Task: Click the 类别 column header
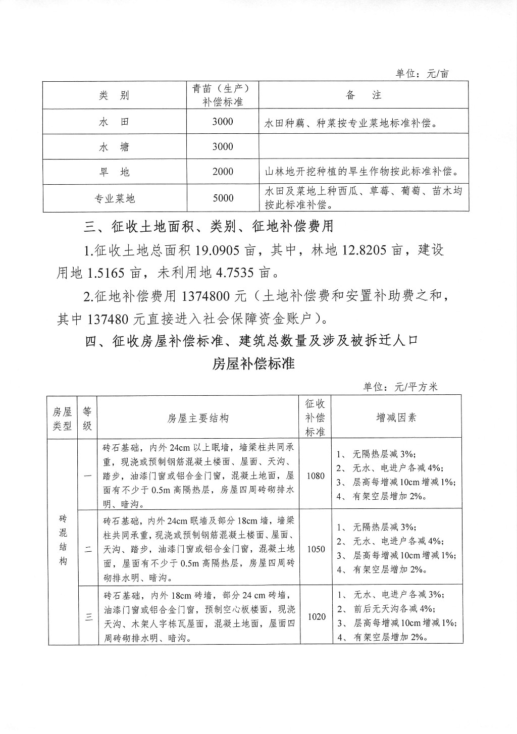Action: click(114, 95)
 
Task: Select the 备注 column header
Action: click(364, 95)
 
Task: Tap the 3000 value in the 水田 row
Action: click(223, 121)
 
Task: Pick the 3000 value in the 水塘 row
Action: click(223, 146)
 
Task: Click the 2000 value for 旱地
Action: click(223, 172)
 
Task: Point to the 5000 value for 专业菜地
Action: click(223, 198)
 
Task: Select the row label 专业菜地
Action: click(115, 198)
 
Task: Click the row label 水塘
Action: click(114, 147)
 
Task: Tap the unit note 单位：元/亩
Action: click(422, 74)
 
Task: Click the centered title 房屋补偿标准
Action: click(253, 364)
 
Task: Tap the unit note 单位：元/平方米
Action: click(400, 387)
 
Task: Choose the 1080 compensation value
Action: click(316, 476)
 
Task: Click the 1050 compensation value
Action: click(316, 549)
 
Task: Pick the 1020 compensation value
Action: click(316, 616)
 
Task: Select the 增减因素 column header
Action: click(397, 417)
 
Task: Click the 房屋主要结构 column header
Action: click(198, 418)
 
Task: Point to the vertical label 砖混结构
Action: click(63, 540)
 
